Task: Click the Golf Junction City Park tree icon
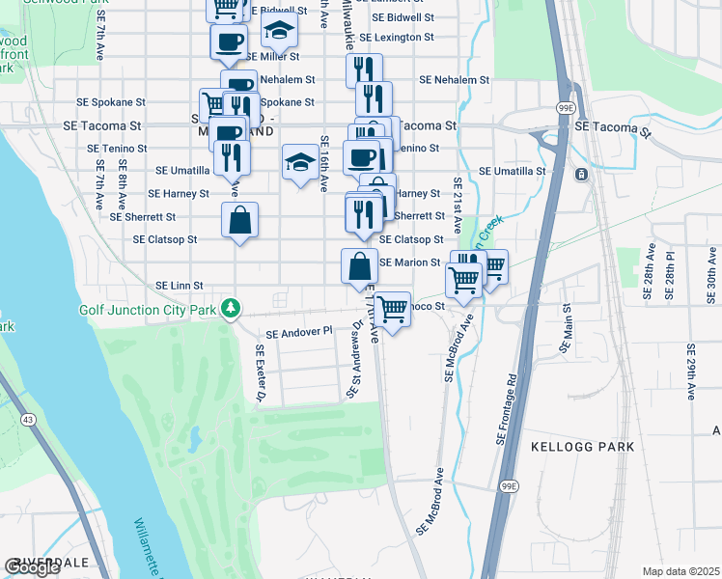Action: coord(230,310)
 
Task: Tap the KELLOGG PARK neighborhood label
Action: coord(583,447)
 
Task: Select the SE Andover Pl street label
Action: coord(298,331)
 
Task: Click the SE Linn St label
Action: coord(180,286)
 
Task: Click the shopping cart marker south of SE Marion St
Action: coord(393,309)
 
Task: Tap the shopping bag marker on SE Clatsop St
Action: coord(239,219)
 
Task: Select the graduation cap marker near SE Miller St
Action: coord(280,31)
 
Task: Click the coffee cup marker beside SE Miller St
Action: coord(229,41)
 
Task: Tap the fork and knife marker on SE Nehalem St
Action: coord(363,69)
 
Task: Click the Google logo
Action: coord(33,567)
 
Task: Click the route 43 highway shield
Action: coord(28,419)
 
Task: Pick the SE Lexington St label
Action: coord(397,38)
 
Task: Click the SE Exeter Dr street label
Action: coord(260,374)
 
